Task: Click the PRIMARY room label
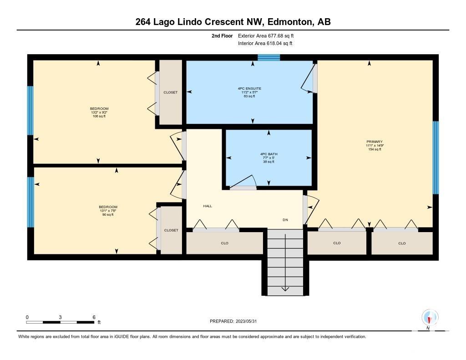coord(375,142)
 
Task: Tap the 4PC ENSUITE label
coord(250,89)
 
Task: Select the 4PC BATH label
coord(268,154)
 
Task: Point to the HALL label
coord(208,206)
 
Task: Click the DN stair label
coord(285,220)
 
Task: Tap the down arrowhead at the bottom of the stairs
coord(285,289)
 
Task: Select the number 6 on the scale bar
coord(94,317)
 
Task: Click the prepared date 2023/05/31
coord(246,321)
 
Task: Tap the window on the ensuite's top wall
coord(268,57)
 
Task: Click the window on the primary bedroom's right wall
coord(436,157)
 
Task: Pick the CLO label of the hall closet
coord(225,243)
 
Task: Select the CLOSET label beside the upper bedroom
coord(171,92)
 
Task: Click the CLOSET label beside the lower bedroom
coord(171,230)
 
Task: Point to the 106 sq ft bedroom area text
coord(99,116)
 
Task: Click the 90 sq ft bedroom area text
coord(108,215)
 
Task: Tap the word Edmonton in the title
coord(290,22)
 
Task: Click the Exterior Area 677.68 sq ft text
coord(266,36)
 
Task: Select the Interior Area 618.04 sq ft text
coord(265,43)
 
